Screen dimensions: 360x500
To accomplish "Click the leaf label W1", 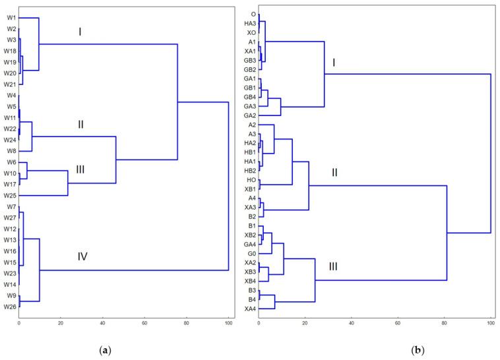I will click(x=12, y=18).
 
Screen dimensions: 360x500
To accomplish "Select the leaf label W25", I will click(x=11, y=195).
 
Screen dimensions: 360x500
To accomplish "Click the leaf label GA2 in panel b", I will click(x=250, y=115).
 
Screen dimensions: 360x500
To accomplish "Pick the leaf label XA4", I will click(x=250, y=309).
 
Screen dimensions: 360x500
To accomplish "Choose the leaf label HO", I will click(x=251, y=179).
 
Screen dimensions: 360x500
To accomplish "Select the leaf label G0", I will click(x=251, y=253).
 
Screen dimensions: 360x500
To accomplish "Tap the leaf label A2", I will click(x=252, y=125).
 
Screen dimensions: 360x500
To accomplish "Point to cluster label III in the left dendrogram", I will click(x=80, y=170).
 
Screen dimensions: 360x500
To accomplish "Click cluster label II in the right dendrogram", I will click(x=334, y=173).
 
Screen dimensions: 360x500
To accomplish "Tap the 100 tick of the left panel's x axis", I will click(x=228, y=322).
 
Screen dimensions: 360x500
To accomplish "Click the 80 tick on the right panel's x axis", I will click(x=444, y=322).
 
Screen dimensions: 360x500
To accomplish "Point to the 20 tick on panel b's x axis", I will click(x=305, y=322).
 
